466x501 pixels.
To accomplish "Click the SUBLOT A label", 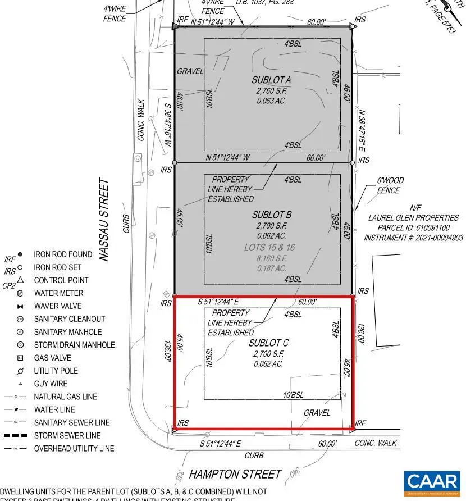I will [271, 80].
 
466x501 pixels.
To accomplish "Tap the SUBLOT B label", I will [271, 215].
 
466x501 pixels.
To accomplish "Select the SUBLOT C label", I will [269, 343].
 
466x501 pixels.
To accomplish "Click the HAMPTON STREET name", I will [235, 474].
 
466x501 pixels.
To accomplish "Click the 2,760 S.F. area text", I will [271, 90].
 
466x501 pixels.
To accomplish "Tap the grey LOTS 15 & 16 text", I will [269, 247].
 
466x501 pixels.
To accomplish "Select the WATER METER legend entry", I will [58, 293].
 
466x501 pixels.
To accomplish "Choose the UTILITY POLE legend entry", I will [56, 371].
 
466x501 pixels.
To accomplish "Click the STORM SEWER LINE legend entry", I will [67, 435].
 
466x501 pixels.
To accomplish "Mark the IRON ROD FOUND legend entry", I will [63, 254].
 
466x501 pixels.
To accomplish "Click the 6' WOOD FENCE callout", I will [389, 185].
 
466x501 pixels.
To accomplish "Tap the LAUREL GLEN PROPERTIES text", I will [413, 218].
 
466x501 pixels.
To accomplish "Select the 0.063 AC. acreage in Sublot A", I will [271, 101].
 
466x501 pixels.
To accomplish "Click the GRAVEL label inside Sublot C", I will [316, 412].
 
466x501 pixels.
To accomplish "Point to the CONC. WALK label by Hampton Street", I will [376, 443].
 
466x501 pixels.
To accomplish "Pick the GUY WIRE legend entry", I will [51, 384].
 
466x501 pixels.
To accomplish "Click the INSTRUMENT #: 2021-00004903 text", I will [413, 238].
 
